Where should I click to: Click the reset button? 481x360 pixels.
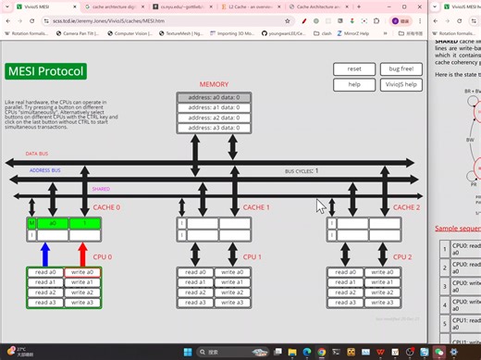[x=354, y=69]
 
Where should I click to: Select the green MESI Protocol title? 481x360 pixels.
[x=45, y=71]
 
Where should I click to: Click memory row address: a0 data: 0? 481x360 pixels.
[x=214, y=97]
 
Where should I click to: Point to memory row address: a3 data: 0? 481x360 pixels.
[x=214, y=128]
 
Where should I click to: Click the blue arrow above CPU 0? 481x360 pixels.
[x=46, y=253]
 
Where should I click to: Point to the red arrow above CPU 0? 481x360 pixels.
[x=82, y=253]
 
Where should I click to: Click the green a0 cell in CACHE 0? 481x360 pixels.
[x=53, y=223]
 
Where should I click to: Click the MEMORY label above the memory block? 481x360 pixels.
[x=214, y=84]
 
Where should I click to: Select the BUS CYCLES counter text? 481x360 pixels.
[x=302, y=171]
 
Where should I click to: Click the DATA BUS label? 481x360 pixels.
[x=38, y=154]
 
